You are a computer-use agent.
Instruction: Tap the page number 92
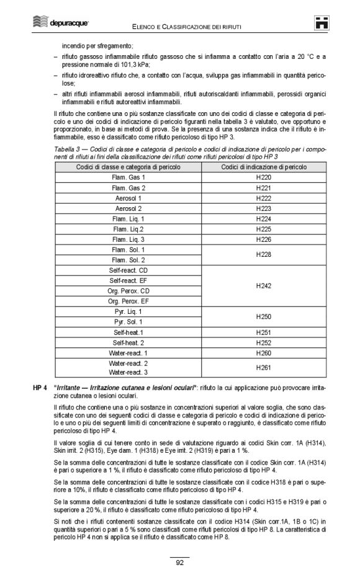[x=179, y=563]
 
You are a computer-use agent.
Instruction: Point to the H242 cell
[x=263, y=286]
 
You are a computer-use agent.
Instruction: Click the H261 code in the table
[x=263, y=367]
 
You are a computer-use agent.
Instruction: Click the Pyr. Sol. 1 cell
[x=128, y=322]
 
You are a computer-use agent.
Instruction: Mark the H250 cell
[x=263, y=316]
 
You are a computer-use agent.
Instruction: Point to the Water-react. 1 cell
[x=128, y=352]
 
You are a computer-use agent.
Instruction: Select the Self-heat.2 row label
[x=128, y=342]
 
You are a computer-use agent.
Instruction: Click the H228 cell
[x=263, y=254]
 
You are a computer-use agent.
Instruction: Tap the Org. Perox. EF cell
[x=128, y=301]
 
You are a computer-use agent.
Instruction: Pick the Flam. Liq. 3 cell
[x=128, y=239]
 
